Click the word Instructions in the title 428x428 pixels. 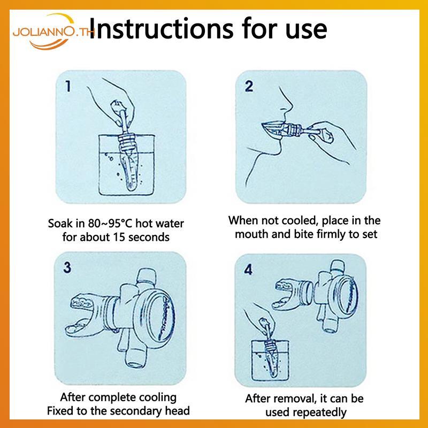pos(161,28)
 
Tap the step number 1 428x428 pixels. pos(68,86)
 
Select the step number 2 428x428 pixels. pos(249,86)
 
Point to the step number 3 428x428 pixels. pos(67,267)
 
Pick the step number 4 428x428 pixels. pos(248,270)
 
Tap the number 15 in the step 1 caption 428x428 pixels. pos(119,237)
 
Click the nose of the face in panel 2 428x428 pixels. pos(287,103)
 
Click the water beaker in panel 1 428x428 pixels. pos(126,165)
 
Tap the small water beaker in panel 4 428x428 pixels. pos(270,360)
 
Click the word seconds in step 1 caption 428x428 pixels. pos(149,237)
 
